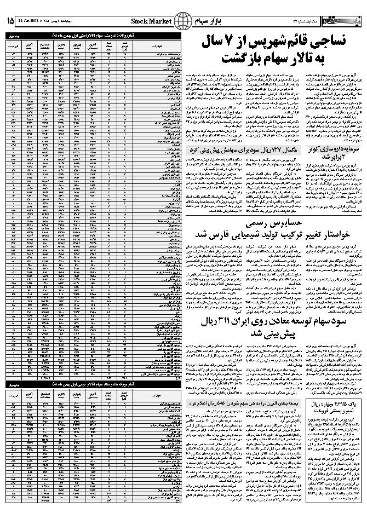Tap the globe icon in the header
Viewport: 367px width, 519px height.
181,21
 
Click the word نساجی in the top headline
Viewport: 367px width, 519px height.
334,42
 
